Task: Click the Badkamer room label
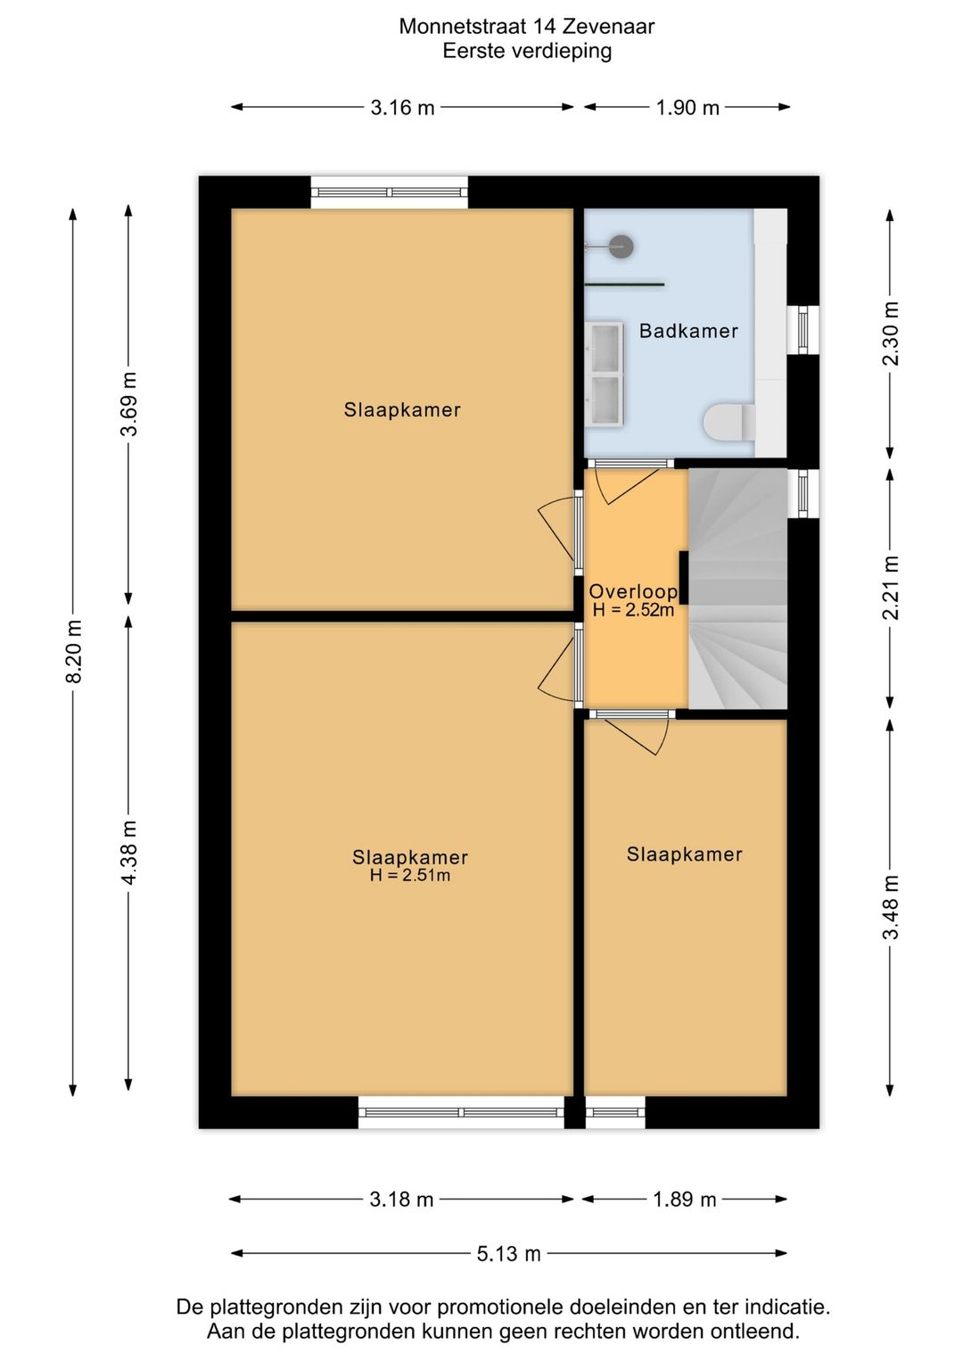688,331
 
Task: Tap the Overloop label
633,591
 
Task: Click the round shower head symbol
621,246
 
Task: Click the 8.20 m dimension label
74,652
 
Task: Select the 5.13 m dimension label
508,1254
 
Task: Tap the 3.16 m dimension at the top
402,108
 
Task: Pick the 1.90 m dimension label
687,108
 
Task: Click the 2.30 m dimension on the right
890,334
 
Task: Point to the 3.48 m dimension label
890,907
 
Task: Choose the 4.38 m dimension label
129,853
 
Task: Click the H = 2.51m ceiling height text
410,876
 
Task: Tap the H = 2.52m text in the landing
633,611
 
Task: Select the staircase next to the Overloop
737,589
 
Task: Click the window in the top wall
389,192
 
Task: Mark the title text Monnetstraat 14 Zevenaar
526,26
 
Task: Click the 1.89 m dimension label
684,1200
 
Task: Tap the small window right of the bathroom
802,329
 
